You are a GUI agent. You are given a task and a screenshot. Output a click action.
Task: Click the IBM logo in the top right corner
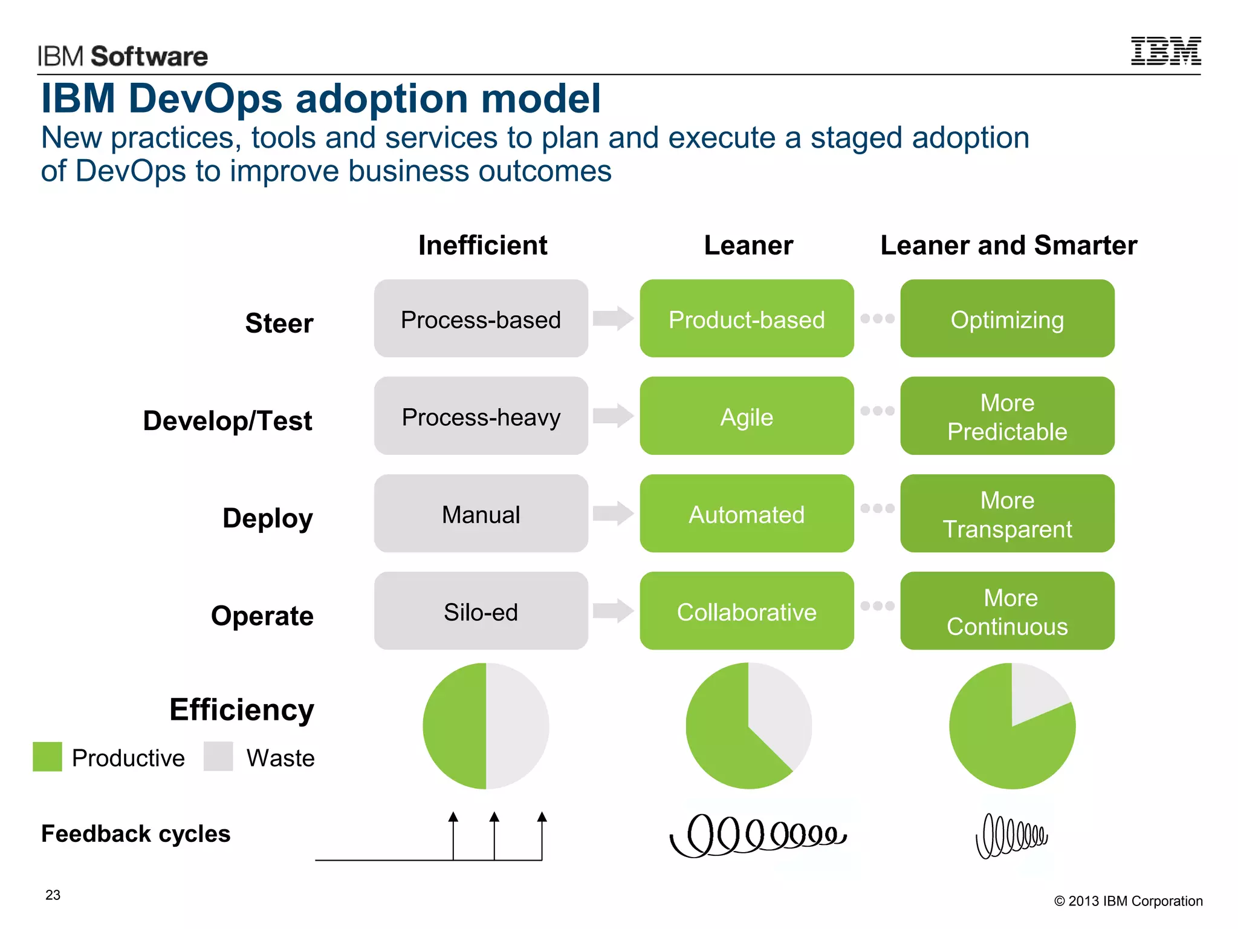pyautogui.click(x=1165, y=51)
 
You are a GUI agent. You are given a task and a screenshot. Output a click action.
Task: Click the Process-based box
pyautogui.click(x=481, y=319)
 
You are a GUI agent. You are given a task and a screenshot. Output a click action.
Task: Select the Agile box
pyautogui.click(x=747, y=416)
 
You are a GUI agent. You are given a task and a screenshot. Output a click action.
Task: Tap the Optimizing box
pyautogui.click(x=1007, y=319)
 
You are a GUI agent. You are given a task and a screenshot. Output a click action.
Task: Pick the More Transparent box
pyautogui.click(x=1007, y=513)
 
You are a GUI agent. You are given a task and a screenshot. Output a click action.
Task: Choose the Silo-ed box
pyautogui.click(x=481, y=611)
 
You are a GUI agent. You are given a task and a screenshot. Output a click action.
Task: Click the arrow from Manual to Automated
pyautogui.click(x=613, y=513)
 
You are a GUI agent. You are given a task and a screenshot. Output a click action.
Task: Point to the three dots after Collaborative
pyautogui.click(x=877, y=605)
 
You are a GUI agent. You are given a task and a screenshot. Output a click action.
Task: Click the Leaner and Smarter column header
pyautogui.click(x=1008, y=246)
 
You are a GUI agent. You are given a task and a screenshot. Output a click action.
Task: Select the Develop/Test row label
pyautogui.click(x=228, y=420)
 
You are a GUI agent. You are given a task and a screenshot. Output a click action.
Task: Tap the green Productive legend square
pyautogui.click(x=47, y=757)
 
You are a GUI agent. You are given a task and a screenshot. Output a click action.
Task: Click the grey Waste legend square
pyautogui.click(x=218, y=757)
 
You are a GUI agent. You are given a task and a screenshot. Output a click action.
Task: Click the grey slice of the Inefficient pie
pyautogui.click(x=517, y=726)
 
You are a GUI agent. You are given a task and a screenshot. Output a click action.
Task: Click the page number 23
pyautogui.click(x=53, y=895)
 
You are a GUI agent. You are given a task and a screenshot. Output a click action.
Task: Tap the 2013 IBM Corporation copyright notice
pyautogui.click(x=1128, y=901)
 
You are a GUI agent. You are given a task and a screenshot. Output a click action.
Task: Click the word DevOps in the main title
pyautogui.click(x=206, y=99)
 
